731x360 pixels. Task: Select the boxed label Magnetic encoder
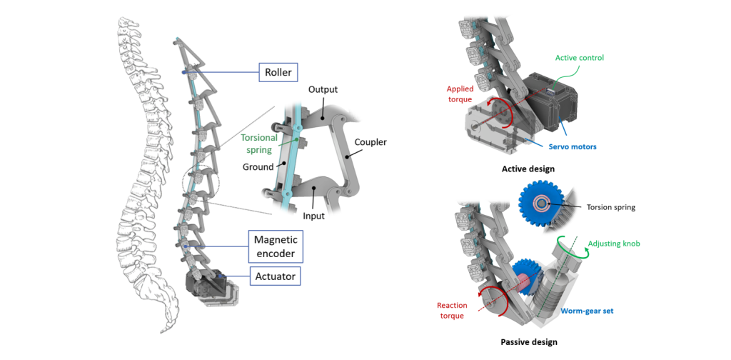[274, 245]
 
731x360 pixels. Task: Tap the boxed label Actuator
[274, 274]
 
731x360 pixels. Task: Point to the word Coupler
[370, 141]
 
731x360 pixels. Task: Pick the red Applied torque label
[460, 94]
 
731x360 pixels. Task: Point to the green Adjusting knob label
[615, 244]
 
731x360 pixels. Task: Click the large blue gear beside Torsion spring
[543, 204]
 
